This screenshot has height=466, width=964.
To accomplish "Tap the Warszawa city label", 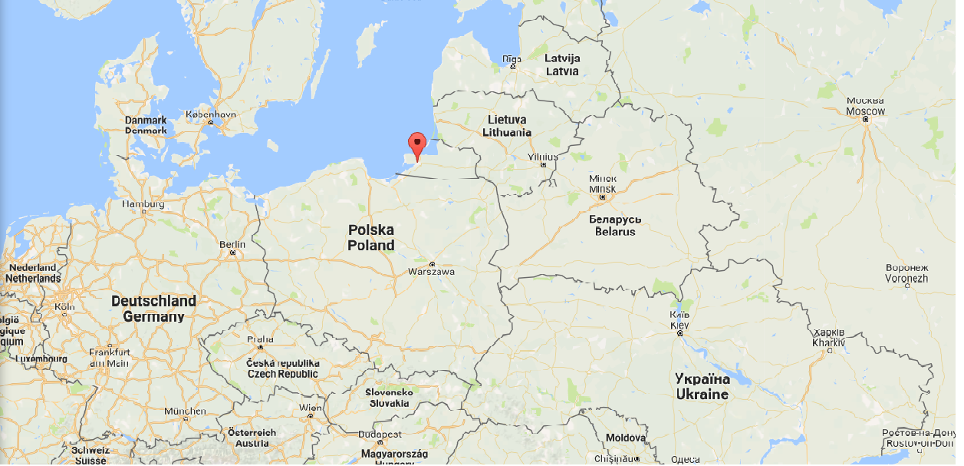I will pyautogui.click(x=432, y=272).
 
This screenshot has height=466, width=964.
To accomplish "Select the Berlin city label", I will pyautogui.click(x=232, y=244).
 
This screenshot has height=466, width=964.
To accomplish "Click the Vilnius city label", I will pyautogui.click(x=543, y=157).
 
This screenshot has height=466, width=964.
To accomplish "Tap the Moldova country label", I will pyautogui.click(x=626, y=438).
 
